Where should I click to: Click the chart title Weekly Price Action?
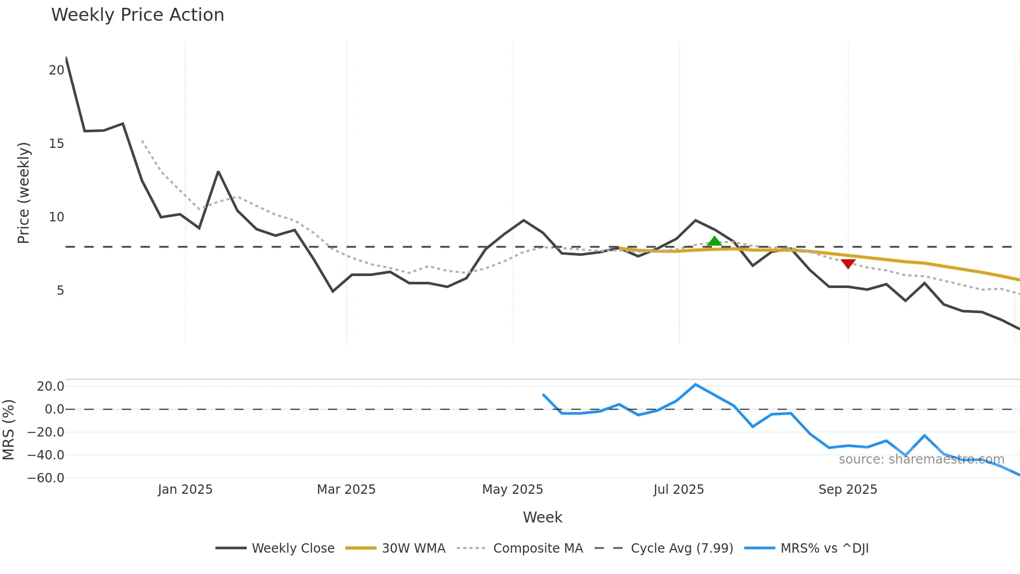pos(137,15)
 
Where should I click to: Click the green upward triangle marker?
pos(715,241)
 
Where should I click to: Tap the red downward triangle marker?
pos(848,264)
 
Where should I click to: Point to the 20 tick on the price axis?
pos(56,70)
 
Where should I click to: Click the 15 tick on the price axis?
pos(56,144)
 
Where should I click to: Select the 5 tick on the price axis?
pos(60,291)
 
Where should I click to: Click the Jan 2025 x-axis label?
pos(185,490)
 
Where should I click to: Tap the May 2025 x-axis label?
pos(513,490)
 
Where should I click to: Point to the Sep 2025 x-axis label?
pos(848,490)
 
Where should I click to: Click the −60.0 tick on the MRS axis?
pos(46,478)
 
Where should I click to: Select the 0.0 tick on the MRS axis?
pos(54,409)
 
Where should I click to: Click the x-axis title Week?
pos(542,517)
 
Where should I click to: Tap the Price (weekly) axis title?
pos(24,193)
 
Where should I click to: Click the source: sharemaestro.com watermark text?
pos(921,459)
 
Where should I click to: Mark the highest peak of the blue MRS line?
pos(696,384)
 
